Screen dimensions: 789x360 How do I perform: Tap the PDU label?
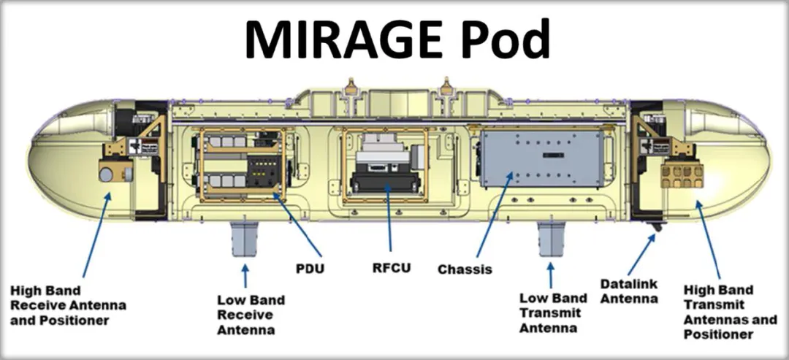pyautogui.click(x=310, y=269)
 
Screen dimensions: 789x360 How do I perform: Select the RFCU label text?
pyautogui.click(x=392, y=267)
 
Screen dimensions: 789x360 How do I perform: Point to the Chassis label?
pyautogui.click(x=465, y=269)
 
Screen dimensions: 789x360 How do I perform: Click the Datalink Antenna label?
pyautogui.click(x=629, y=291)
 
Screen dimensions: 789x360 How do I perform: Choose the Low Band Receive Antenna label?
pyautogui.click(x=251, y=315)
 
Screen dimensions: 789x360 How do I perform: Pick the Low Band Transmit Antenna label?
pyautogui.click(x=553, y=313)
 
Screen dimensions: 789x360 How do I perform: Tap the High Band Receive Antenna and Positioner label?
pyautogui.click(x=68, y=305)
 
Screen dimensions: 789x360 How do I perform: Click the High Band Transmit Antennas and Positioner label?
pyautogui.click(x=730, y=312)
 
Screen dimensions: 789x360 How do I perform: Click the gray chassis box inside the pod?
pyautogui.click(x=541, y=158)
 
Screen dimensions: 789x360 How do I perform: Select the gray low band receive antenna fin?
pyautogui.click(x=245, y=238)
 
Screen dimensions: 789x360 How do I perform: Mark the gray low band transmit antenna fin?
pyautogui.click(x=552, y=239)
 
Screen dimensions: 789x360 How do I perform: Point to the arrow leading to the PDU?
pyautogui.click(x=297, y=225)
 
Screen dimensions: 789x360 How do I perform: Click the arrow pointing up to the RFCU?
pyautogui.click(x=389, y=218)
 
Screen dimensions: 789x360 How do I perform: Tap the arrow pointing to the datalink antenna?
pyautogui.click(x=641, y=255)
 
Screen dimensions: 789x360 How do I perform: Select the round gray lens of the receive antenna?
pyautogui.click(x=106, y=175)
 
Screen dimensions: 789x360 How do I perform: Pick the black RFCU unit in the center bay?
pyautogui.click(x=385, y=182)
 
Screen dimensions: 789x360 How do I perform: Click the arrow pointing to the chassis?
pyautogui.click(x=495, y=215)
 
